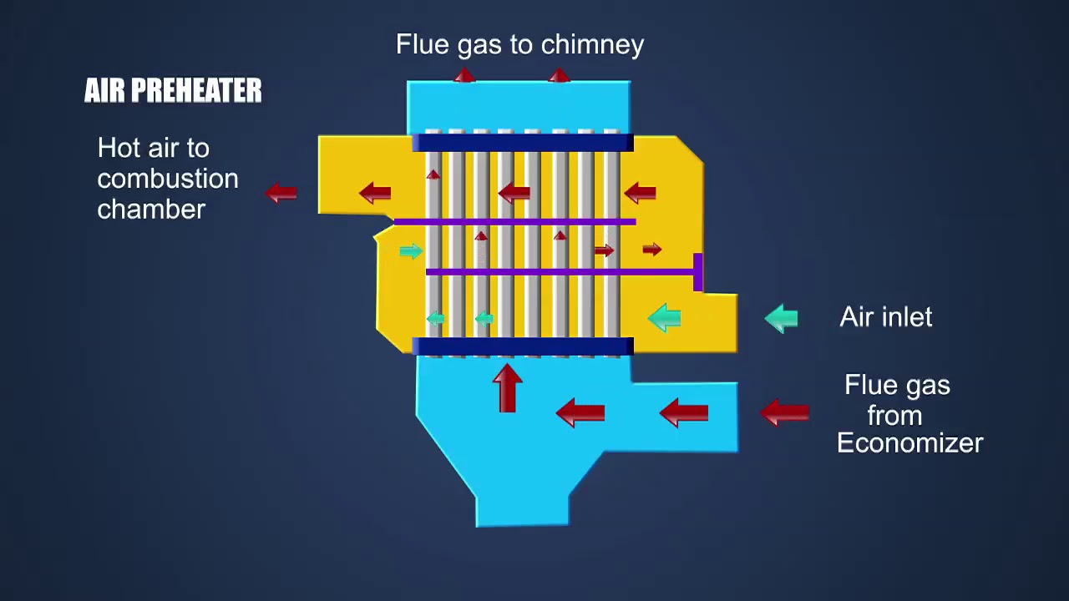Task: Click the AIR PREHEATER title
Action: (173, 90)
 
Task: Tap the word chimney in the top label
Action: (592, 46)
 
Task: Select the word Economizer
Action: (910, 443)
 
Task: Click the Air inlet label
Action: (886, 316)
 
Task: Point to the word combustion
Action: (168, 179)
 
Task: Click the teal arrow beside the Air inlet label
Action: (781, 318)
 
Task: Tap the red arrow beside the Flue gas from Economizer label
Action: (784, 412)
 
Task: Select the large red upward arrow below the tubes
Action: (507, 388)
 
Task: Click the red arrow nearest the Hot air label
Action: (281, 193)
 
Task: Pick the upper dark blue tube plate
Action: (523, 143)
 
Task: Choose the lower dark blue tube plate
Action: (523, 346)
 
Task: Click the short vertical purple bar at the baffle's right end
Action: (697, 272)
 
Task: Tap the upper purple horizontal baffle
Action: (515, 222)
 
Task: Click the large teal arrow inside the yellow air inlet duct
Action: (664, 318)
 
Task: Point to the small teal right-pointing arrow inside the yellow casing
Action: (411, 251)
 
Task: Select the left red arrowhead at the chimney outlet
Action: (464, 75)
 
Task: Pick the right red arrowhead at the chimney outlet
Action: (560, 75)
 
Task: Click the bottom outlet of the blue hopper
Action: (523, 512)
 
